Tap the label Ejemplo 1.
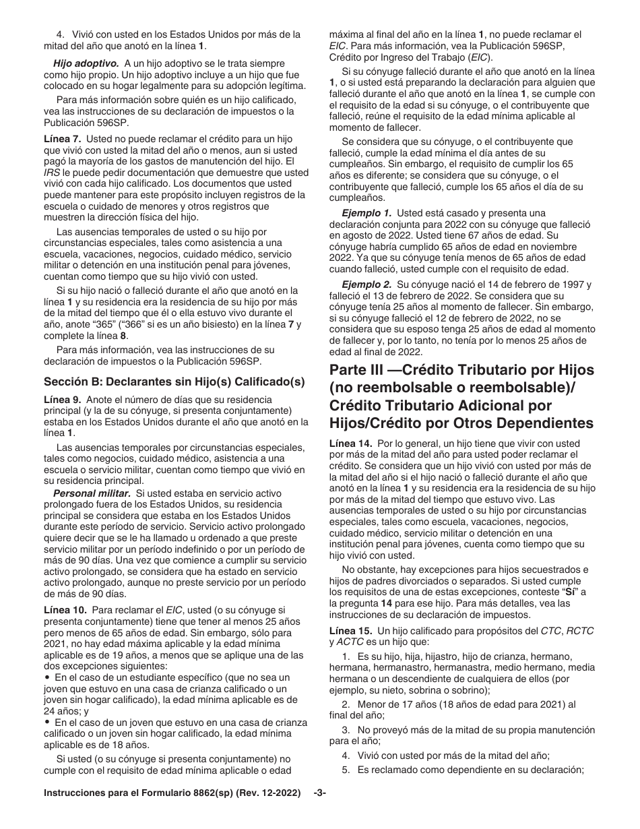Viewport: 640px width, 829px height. pos(366,213)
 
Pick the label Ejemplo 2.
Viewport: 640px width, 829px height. pos(366,285)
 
